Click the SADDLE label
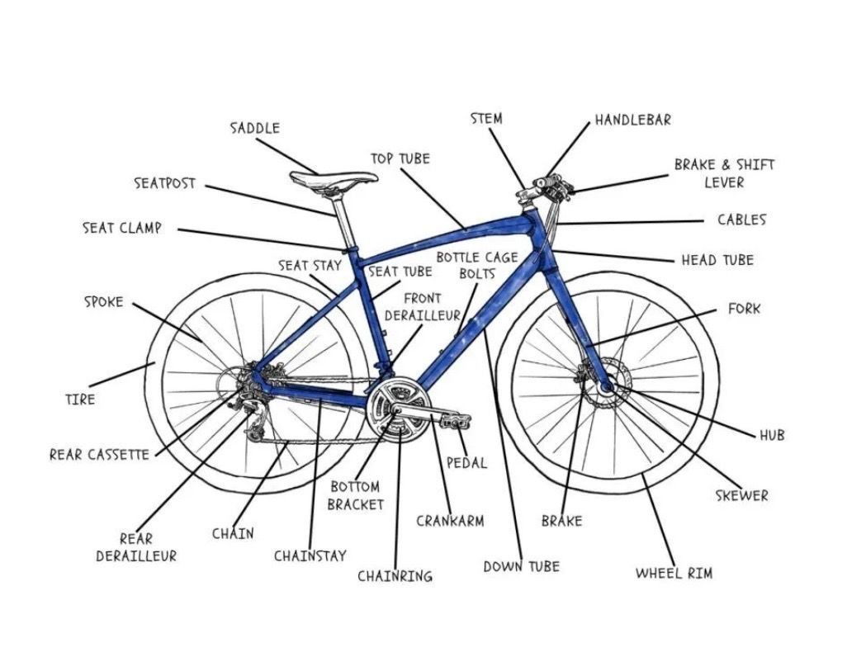point(254,128)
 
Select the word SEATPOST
point(165,183)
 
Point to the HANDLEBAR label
point(633,120)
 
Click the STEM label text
point(486,118)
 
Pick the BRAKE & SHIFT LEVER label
point(724,173)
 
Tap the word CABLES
point(741,220)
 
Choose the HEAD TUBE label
point(717,260)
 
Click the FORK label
point(744,309)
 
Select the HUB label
point(772,435)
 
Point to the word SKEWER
point(741,495)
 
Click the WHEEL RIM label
point(674,573)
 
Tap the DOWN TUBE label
point(521,566)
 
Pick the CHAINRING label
point(395,576)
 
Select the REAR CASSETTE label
point(99,454)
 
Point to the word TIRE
point(80,399)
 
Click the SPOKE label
point(103,302)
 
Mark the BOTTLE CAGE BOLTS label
point(477,265)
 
